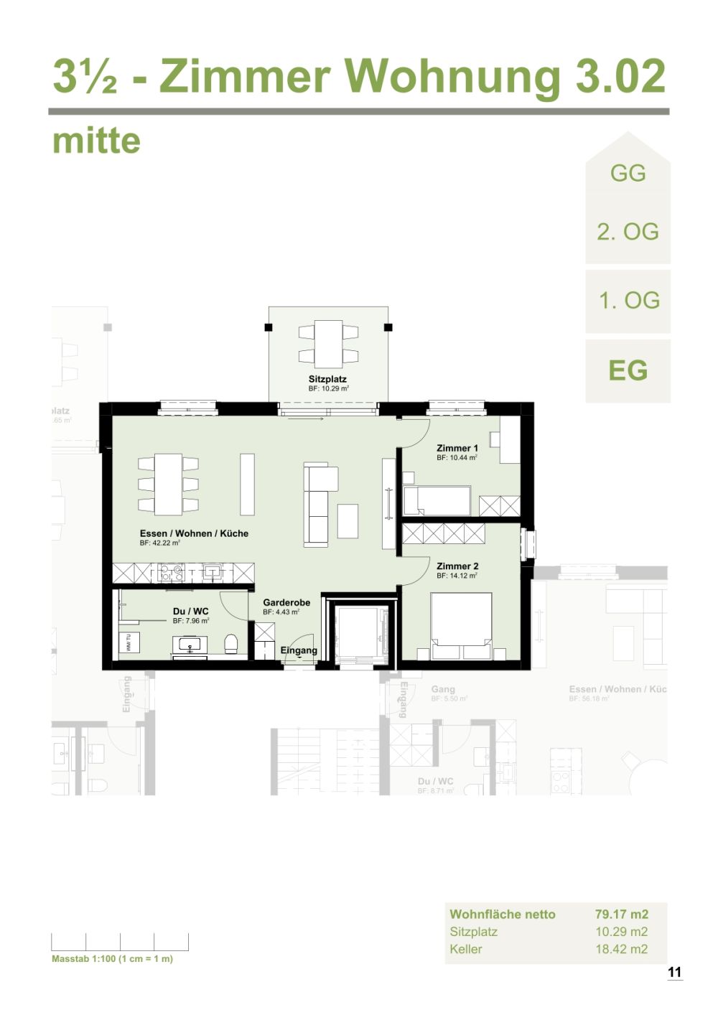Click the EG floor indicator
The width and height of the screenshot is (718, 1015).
[x=628, y=370]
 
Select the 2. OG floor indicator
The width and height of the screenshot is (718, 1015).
[x=628, y=232]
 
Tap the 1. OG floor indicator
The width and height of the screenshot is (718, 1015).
[x=629, y=300]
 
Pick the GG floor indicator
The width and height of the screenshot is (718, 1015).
[x=628, y=173]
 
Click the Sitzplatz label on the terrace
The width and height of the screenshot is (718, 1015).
[x=327, y=379]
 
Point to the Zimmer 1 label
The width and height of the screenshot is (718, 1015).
[x=457, y=448]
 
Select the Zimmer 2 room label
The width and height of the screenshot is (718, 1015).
[x=457, y=566]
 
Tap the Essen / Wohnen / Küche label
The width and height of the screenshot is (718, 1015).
[x=194, y=533]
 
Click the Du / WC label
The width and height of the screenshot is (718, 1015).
[x=190, y=612]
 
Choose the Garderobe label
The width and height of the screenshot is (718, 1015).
[x=286, y=602]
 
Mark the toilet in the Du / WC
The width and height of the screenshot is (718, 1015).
[x=231, y=643]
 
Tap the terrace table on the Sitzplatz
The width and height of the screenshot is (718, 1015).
[x=328, y=344]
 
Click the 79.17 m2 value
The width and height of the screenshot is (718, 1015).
[x=621, y=914]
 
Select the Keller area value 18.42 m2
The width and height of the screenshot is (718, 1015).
[x=621, y=949]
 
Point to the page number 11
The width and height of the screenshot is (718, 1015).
[x=674, y=973]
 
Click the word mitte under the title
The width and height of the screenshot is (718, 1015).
[x=96, y=141]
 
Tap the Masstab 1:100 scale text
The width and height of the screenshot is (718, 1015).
[x=112, y=959]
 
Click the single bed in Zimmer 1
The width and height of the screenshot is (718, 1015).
[x=437, y=500]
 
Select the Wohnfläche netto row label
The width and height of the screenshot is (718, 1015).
[x=502, y=914]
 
